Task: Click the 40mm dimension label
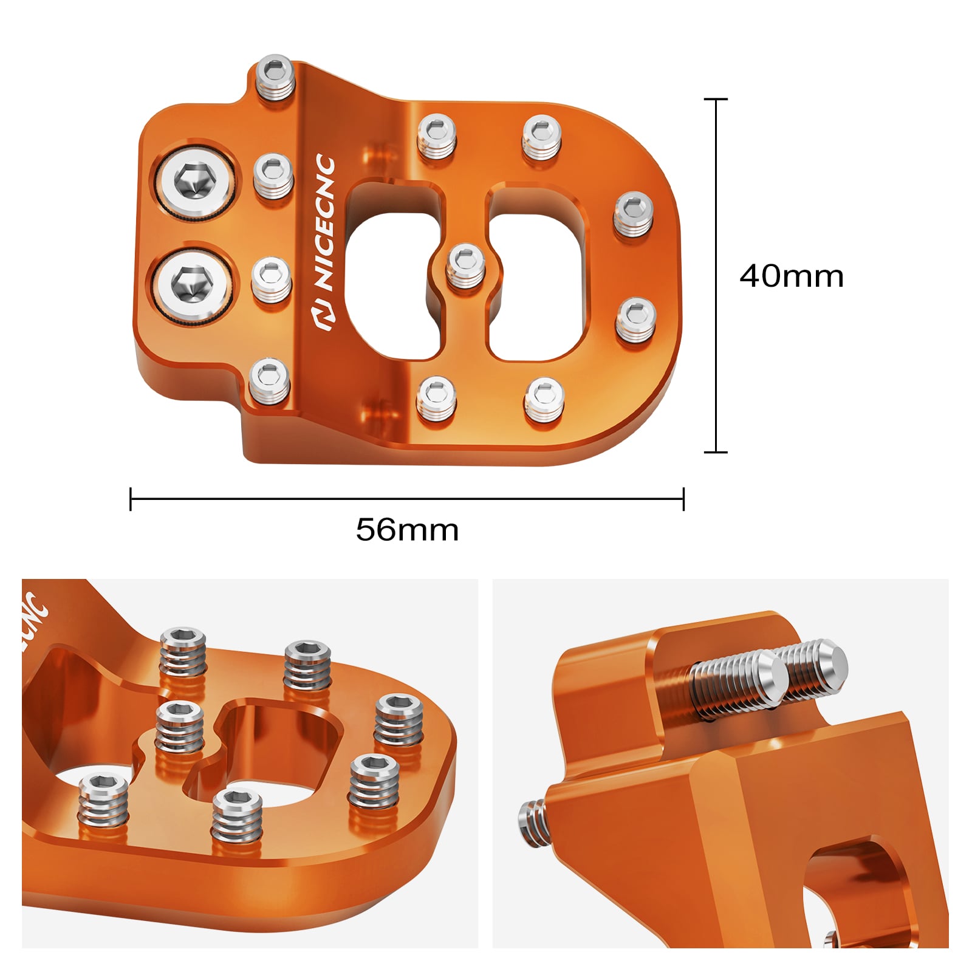[791, 276]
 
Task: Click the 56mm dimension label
[407, 530]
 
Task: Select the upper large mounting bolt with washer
[194, 180]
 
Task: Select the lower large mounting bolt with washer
[192, 284]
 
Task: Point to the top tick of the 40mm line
[716, 99]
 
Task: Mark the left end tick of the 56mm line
[131, 499]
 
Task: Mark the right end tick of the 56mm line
[683, 499]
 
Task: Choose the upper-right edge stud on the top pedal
[633, 213]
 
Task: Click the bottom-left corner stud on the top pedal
[270, 380]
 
